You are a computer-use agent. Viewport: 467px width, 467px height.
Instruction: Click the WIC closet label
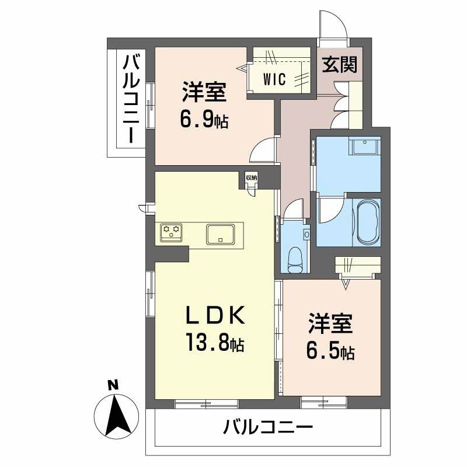[273, 79]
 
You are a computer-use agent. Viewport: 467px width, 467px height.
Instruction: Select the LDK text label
[213, 315]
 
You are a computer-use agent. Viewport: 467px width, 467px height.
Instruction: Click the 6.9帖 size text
[204, 120]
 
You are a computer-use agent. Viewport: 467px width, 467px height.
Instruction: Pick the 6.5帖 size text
[330, 351]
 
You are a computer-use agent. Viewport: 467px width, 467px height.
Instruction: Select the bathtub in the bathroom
[367, 222]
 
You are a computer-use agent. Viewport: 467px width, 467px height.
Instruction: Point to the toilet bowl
[297, 257]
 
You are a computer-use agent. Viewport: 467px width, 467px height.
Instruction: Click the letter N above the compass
[114, 385]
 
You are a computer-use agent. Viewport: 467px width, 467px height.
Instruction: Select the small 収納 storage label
[251, 177]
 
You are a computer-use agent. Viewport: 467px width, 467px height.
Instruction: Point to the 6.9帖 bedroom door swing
[264, 151]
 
